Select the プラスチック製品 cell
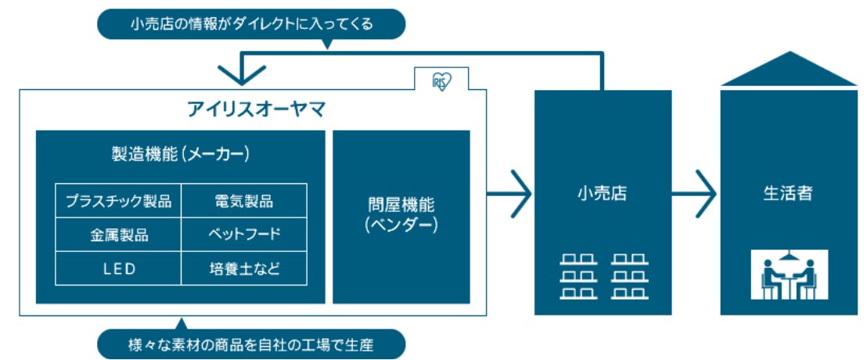tap(118, 200)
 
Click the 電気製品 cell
tap(244, 200)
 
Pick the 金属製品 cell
tap(118, 234)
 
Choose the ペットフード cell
tap(244, 234)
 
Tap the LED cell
tap(118, 268)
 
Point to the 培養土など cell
tap(244, 268)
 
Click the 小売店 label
tap(602, 193)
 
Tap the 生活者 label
tap(787, 193)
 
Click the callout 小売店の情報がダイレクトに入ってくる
tap(251, 24)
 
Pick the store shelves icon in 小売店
tap(602, 275)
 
